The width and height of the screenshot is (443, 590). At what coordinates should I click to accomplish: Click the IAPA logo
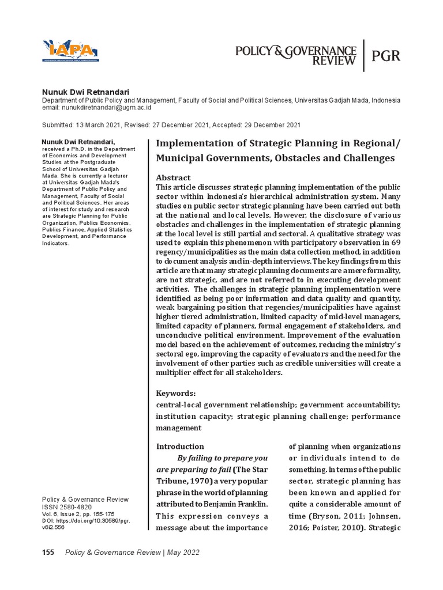70,50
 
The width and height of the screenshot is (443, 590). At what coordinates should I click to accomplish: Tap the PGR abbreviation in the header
386,56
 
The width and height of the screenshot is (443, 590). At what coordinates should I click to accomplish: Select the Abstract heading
174,177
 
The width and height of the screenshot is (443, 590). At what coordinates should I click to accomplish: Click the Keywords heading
177,393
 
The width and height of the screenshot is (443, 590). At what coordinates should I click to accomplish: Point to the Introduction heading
180,446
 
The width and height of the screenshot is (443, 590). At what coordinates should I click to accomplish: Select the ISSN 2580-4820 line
66,508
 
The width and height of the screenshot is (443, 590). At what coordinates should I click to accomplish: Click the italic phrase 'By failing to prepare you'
222,458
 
